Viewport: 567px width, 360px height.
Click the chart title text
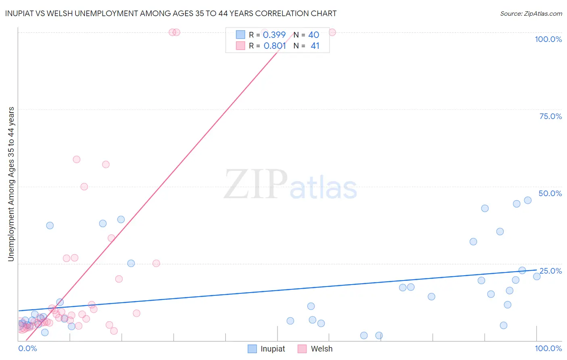pos(171,13)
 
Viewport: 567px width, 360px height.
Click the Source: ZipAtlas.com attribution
pos(531,13)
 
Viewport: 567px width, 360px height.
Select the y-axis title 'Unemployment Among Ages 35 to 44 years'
pos(11,184)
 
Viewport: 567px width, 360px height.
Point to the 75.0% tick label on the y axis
pos(550,116)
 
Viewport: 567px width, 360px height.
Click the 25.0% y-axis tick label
pos(550,271)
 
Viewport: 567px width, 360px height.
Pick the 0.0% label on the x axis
pos(27,348)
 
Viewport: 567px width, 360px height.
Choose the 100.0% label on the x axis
pos(548,348)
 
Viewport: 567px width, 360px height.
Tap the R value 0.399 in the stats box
pos(274,35)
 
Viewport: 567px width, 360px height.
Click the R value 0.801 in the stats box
pos(275,46)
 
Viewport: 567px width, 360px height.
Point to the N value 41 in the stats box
pos(315,46)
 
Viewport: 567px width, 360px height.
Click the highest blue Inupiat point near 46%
pos(527,200)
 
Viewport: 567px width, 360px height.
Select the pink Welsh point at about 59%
pos(77,159)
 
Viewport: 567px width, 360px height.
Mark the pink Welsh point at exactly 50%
pos(84,186)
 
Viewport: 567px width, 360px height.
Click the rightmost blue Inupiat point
pos(537,276)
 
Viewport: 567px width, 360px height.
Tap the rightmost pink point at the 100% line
pos(332,32)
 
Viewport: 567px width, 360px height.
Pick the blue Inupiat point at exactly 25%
pos(131,264)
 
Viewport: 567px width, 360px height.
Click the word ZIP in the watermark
pos(255,185)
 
